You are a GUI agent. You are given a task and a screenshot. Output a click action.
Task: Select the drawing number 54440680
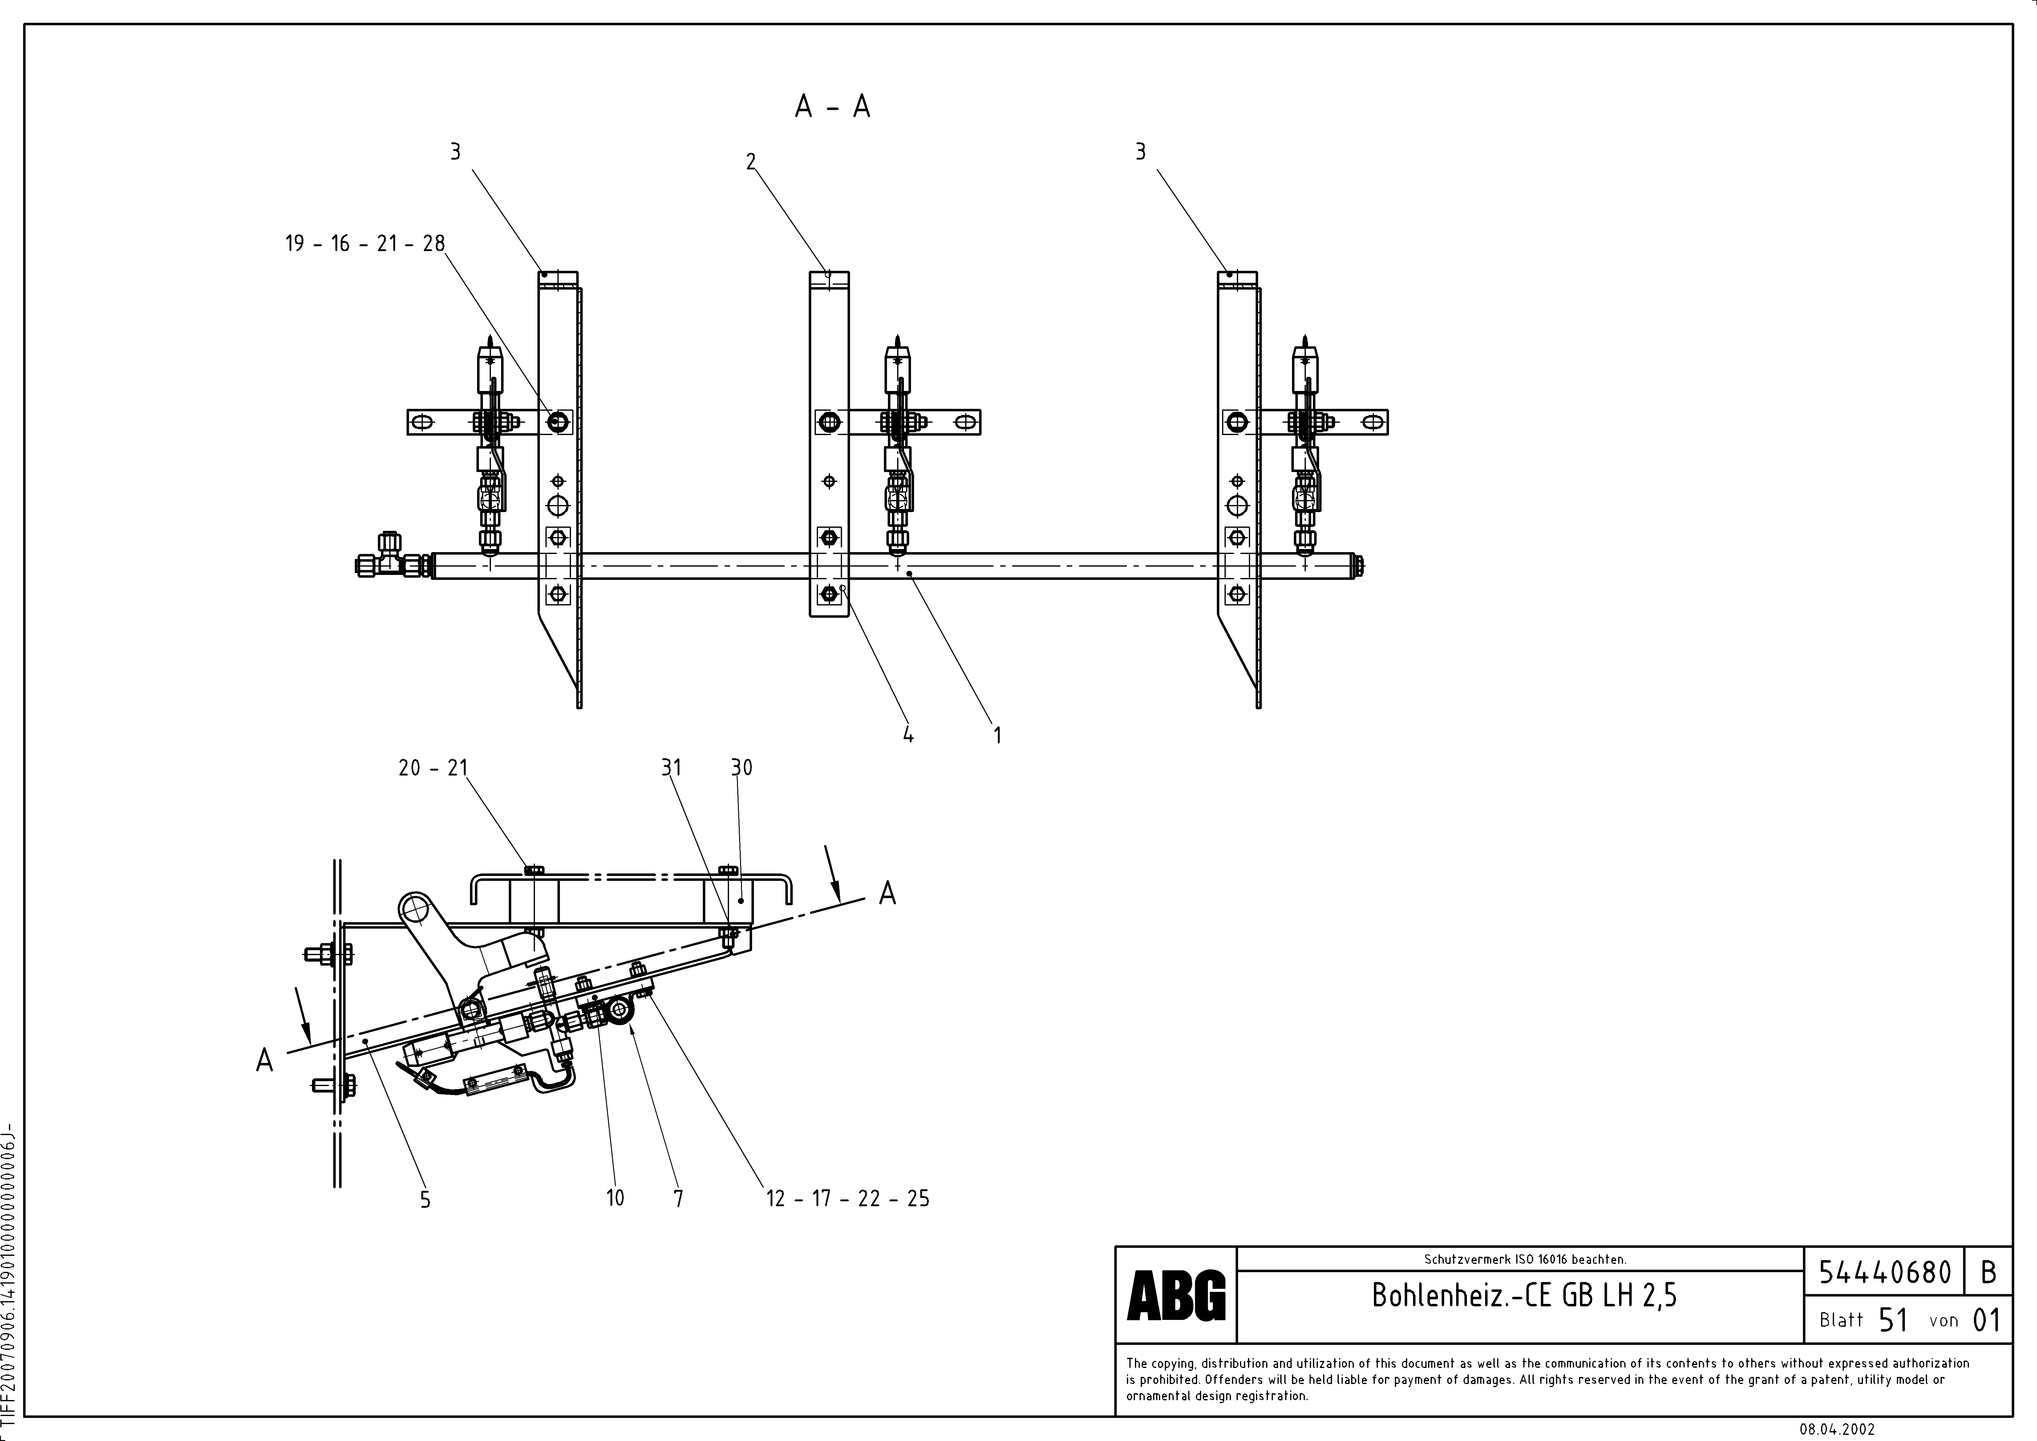(1885, 1272)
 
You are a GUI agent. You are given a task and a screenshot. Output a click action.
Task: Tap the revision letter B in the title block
(1988, 1272)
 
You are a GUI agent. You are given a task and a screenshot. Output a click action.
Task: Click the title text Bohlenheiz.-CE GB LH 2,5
(1524, 1296)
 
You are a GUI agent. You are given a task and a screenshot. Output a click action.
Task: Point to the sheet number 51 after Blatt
(1893, 1320)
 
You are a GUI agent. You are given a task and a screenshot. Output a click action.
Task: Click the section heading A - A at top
(832, 107)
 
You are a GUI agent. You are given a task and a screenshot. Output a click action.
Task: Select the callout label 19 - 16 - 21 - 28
(365, 243)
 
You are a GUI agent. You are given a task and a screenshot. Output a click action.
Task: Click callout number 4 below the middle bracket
(908, 735)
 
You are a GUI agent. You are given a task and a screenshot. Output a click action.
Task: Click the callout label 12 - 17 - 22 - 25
(847, 1199)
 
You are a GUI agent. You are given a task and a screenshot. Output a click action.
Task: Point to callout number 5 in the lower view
(425, 1200)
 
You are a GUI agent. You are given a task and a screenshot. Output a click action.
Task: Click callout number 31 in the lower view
(671, 767)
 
